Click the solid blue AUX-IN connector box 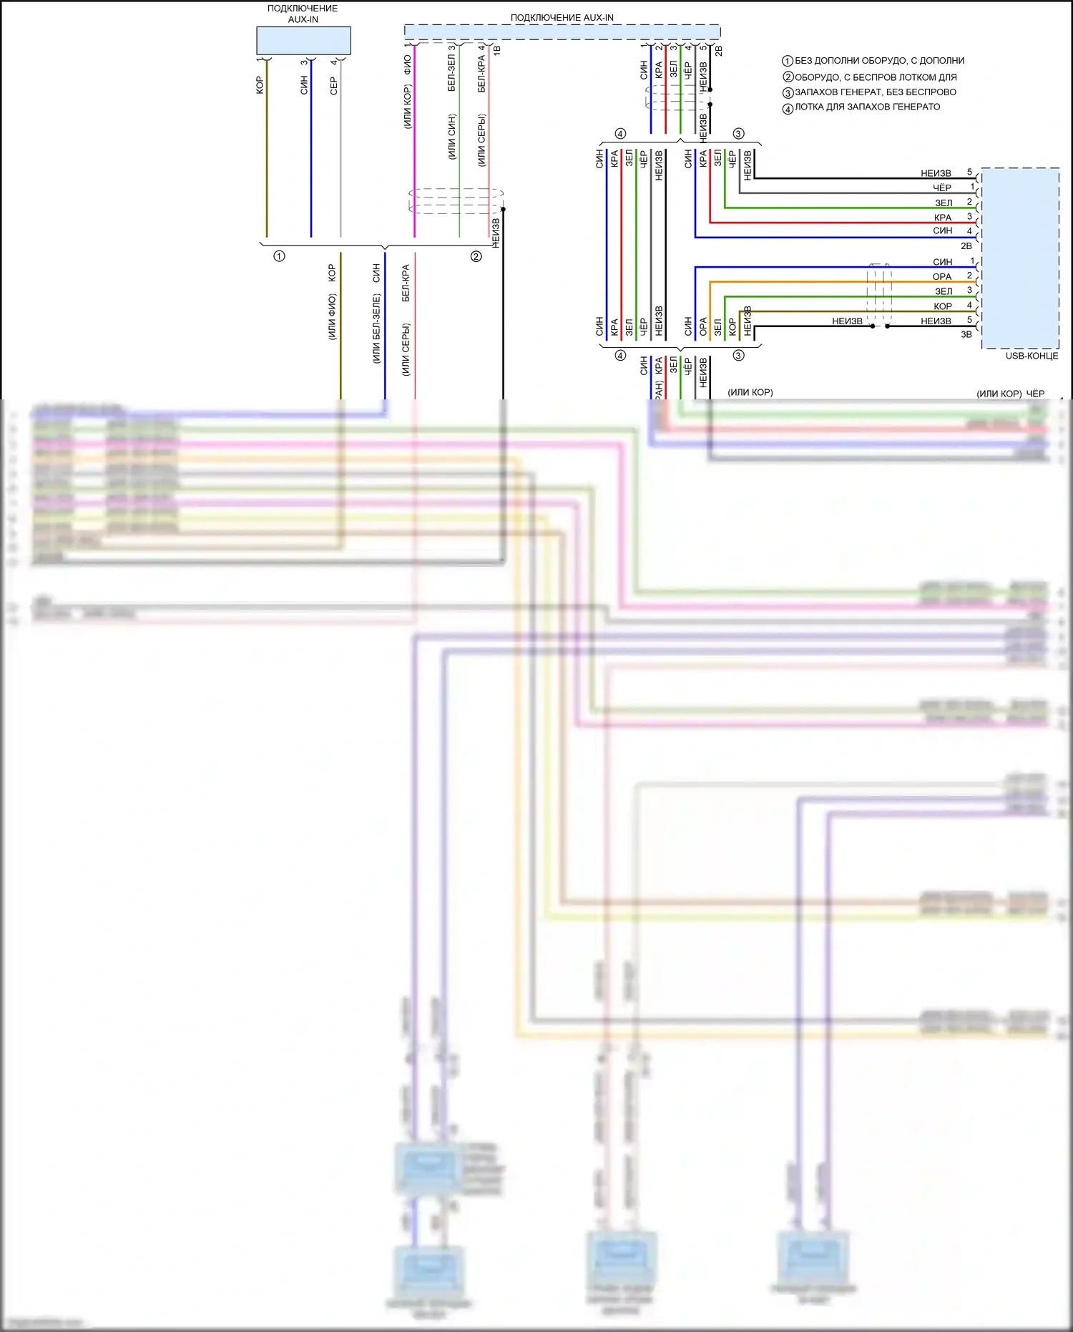[x=303, y=41]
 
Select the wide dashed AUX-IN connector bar [x=562, y=31]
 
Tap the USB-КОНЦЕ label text [x=1032, y=356]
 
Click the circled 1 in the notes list [x=788, y=62]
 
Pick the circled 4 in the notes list [x=788, y=109]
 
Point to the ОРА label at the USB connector [x=942, y=277]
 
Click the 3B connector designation [x=966, y=334]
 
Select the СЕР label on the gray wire [x=333, y=87]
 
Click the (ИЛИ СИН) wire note [x=451, y=137]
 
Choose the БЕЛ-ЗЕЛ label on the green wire [x=451, y=73]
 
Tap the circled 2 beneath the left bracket [x=476, y=256]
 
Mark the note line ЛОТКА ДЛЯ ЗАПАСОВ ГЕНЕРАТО [x=868, y=107]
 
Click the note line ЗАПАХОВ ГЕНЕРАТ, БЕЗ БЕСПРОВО [x=876, y=92]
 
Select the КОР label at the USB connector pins [x=942, y=306]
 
